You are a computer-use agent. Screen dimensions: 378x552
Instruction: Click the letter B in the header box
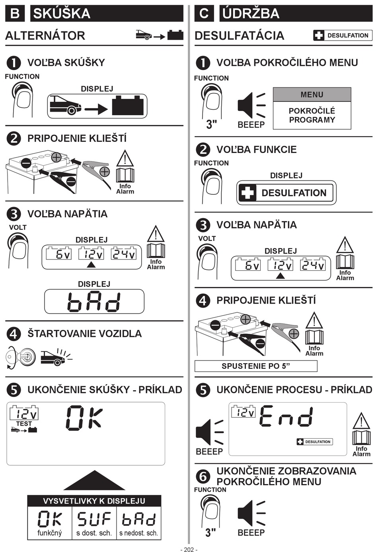coord(15,13)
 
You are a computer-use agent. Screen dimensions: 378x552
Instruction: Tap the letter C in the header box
coord(204,13)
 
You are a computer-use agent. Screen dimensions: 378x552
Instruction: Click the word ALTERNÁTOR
coord(45,35)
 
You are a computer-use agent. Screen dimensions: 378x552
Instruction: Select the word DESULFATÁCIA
coord(240,35)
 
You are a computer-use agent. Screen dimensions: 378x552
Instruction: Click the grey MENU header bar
coord(312,94)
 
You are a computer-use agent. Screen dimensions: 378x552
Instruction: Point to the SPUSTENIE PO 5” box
coord(256,366)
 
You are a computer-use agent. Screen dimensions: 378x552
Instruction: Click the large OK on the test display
coord(84,418)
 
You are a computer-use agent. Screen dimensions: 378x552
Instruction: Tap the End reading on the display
coord(286,416)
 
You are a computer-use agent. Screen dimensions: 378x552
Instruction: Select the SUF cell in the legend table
coord(94,523)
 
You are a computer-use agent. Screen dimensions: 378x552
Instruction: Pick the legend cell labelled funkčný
coord(50,523)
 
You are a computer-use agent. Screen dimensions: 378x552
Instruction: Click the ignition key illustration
coord(20,356)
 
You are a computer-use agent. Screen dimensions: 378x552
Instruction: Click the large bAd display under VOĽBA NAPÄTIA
coord(94,301)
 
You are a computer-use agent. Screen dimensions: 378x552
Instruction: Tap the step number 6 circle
coord(203,476)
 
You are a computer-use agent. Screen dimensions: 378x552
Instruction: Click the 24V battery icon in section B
coord(123,253)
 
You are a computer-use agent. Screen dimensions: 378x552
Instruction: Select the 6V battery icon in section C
coord(248,264)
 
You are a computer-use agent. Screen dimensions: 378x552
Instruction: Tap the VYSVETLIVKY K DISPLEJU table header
coord(94,501)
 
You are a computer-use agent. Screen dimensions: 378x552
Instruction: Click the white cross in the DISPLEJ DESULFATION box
coord(247,193)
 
